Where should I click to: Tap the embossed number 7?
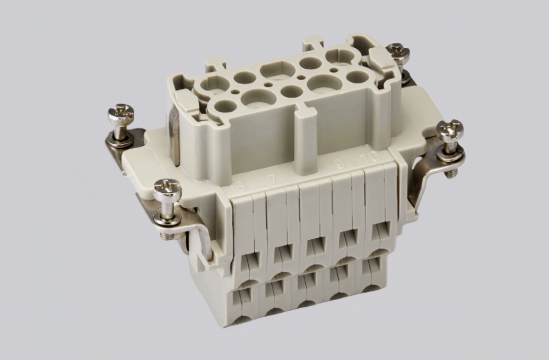pos(271,179)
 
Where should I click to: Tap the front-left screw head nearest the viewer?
pos(167,190)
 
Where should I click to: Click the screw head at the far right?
pos(450,131)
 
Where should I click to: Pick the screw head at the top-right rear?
pos(398,53)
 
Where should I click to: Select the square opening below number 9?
pos(348,237)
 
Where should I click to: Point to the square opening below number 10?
pos(379,231)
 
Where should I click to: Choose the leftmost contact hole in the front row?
pos(225,106)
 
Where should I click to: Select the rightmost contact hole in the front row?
pos(357,76)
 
